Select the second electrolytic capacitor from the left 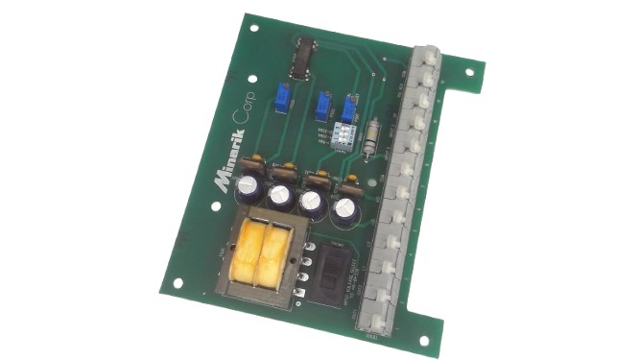pyautogui.click(x=280, y=196)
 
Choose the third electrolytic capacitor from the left pyautogui.click(x=312, y=203)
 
